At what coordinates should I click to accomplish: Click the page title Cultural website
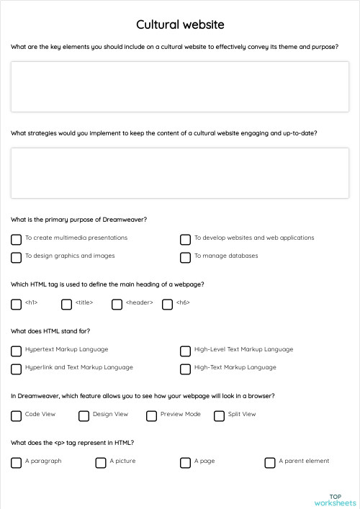click(180, 24)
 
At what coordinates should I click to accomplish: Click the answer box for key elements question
click(180, 86)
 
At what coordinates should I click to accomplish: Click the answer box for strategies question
click(180, 173)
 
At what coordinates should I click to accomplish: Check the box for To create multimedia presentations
click(16, 239)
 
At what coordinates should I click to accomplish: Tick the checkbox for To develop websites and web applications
click(185, 239)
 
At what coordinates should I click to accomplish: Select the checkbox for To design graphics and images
click(16, 257)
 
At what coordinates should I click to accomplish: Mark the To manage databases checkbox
click(185, 257)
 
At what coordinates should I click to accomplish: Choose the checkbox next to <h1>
click(16, 305)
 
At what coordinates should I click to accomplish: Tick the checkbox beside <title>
click(66, 305)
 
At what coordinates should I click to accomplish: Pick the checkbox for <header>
click(117, 305)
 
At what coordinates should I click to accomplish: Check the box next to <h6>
click(167, 305)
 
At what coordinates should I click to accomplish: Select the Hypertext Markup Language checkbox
click(16, 351)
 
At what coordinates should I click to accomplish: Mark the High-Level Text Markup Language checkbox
click(185, 351)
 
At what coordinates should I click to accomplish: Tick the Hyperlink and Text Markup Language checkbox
click(16, 369)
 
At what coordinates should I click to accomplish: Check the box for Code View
click(16, 415)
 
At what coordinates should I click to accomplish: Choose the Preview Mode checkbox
click(151, 415)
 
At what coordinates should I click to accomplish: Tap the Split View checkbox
click(219, 415)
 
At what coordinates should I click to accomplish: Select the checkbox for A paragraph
click(16, 462)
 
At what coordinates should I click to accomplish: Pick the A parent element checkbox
click(270, 462)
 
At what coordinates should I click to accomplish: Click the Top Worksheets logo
click(335, 499)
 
